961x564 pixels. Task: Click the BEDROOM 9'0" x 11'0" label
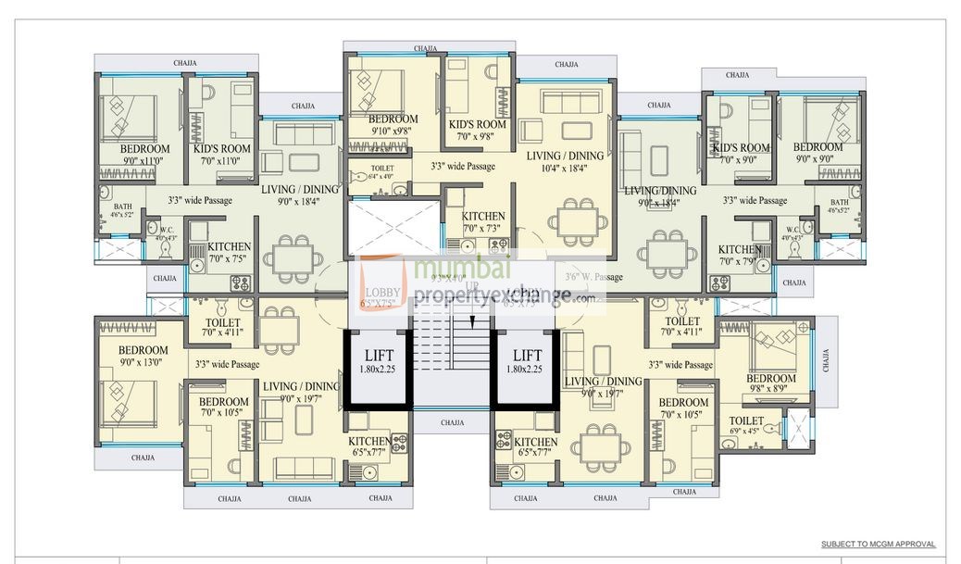(144, 155)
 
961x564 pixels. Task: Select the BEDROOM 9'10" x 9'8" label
(393, 125)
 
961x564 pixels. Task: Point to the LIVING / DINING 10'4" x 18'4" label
(565, 161)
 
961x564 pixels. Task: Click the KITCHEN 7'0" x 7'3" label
(483, 222)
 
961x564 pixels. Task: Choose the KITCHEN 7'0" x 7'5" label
(229, 253)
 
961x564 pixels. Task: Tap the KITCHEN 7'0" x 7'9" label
(740, 256)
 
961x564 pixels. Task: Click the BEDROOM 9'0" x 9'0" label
(817, 153)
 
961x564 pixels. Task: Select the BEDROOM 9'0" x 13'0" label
(144, 356)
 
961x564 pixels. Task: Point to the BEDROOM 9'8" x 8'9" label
(771, 384)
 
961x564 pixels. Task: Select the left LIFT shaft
(378, 367)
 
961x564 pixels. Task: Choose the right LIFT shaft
(527, 367)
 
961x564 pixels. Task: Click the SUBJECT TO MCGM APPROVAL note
(878, 545)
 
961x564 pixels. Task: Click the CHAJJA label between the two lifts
(452, 422)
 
